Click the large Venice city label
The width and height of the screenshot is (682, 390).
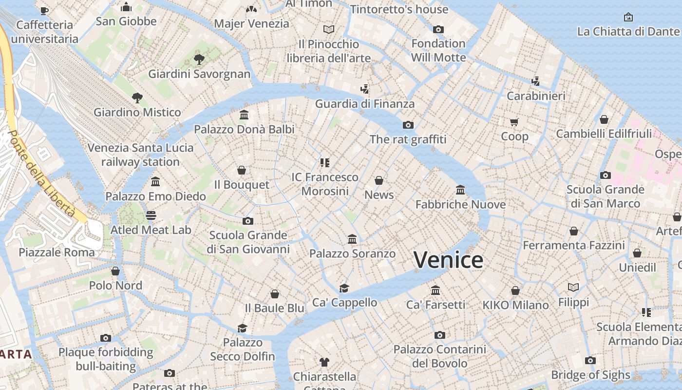point(448,260)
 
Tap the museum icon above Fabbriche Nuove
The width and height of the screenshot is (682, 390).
point(460,190)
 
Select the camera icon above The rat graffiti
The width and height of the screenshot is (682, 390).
point(408,125)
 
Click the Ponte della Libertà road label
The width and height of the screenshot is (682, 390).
point(42,173)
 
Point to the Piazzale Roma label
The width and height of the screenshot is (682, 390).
point(57,252)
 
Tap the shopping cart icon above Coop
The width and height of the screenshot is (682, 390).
point(514,122)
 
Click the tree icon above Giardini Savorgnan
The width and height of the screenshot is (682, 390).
point(199,59)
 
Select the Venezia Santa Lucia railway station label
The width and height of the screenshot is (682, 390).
point(140,155)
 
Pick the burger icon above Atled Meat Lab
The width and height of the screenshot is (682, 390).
point(151,215)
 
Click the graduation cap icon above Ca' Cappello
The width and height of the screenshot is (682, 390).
point(344,288)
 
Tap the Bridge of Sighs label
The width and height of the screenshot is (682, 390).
point(590,375)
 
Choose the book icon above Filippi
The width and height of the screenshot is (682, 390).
point(573,288)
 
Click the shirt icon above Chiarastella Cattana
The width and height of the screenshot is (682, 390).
point(324,362)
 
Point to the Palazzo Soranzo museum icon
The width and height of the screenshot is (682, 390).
point(352,239)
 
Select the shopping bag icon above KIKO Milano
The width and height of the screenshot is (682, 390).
point(515,291)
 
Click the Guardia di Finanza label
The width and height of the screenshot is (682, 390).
point(365,103)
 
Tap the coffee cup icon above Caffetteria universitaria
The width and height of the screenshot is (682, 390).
point(44,10)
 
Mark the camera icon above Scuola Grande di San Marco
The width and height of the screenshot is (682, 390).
point(605,175)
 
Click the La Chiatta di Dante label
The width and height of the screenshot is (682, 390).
point(627,32)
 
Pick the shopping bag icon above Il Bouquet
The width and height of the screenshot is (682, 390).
point(242,170)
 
